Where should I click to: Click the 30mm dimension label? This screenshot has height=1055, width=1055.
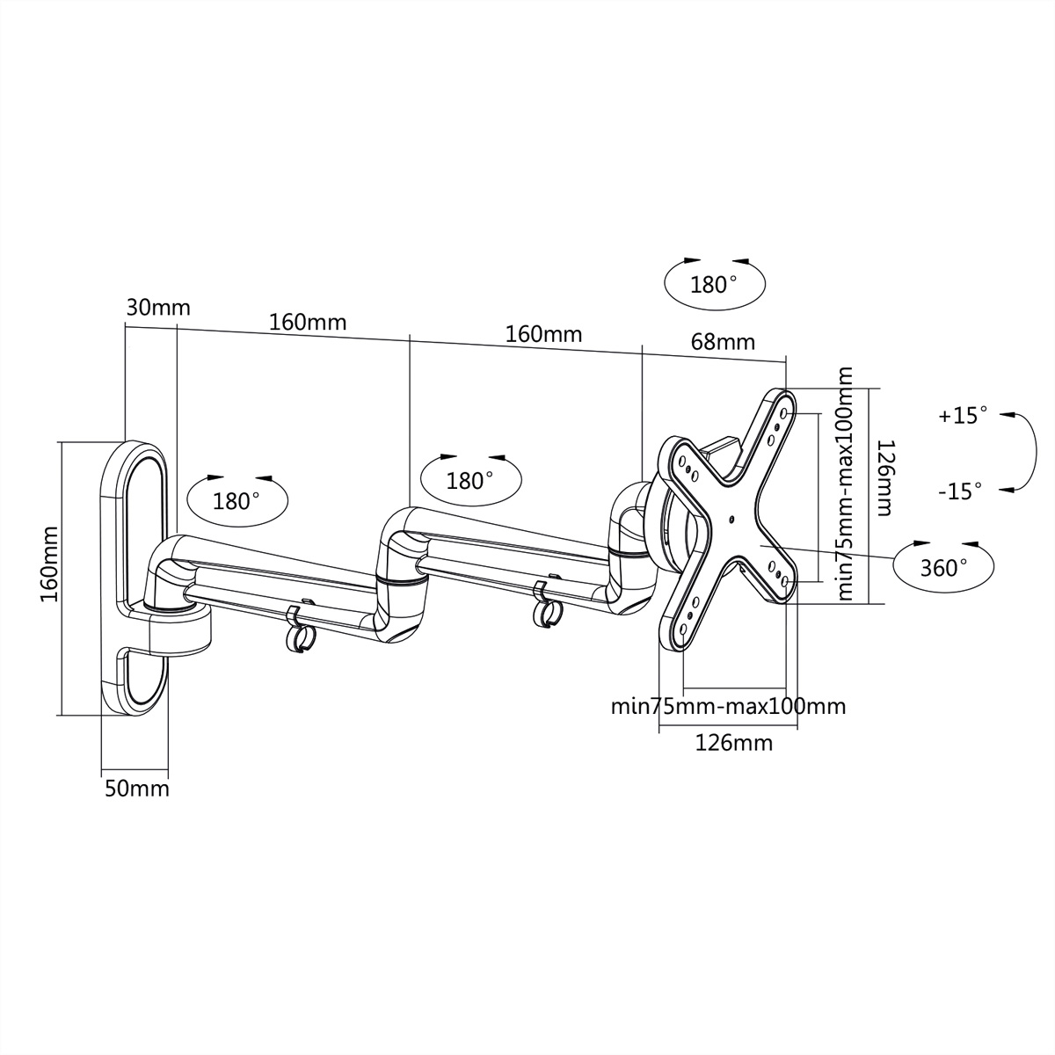tap(158, 308)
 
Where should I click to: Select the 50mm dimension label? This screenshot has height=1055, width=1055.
tap(137, 788)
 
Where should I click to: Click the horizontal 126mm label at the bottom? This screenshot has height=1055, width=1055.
tap(733, 743)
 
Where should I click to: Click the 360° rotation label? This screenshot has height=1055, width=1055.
tap(944, 568)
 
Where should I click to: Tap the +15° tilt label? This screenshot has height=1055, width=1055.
tap(963, 416)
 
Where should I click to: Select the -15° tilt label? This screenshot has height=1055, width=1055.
tap(959, 491)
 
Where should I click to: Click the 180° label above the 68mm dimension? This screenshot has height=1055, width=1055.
tap(714, 285)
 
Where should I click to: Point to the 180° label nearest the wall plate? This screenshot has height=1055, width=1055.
tap(237, 501)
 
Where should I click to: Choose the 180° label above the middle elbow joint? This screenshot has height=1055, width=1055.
tap(470, 481)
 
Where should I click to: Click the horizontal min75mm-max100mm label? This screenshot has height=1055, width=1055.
tap(728, 706)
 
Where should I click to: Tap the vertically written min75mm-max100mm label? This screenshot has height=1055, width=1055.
tap(845, 484)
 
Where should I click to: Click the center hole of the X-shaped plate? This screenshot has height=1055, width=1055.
tap(731, 519)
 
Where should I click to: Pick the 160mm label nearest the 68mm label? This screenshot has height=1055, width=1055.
tap(543, 334)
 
